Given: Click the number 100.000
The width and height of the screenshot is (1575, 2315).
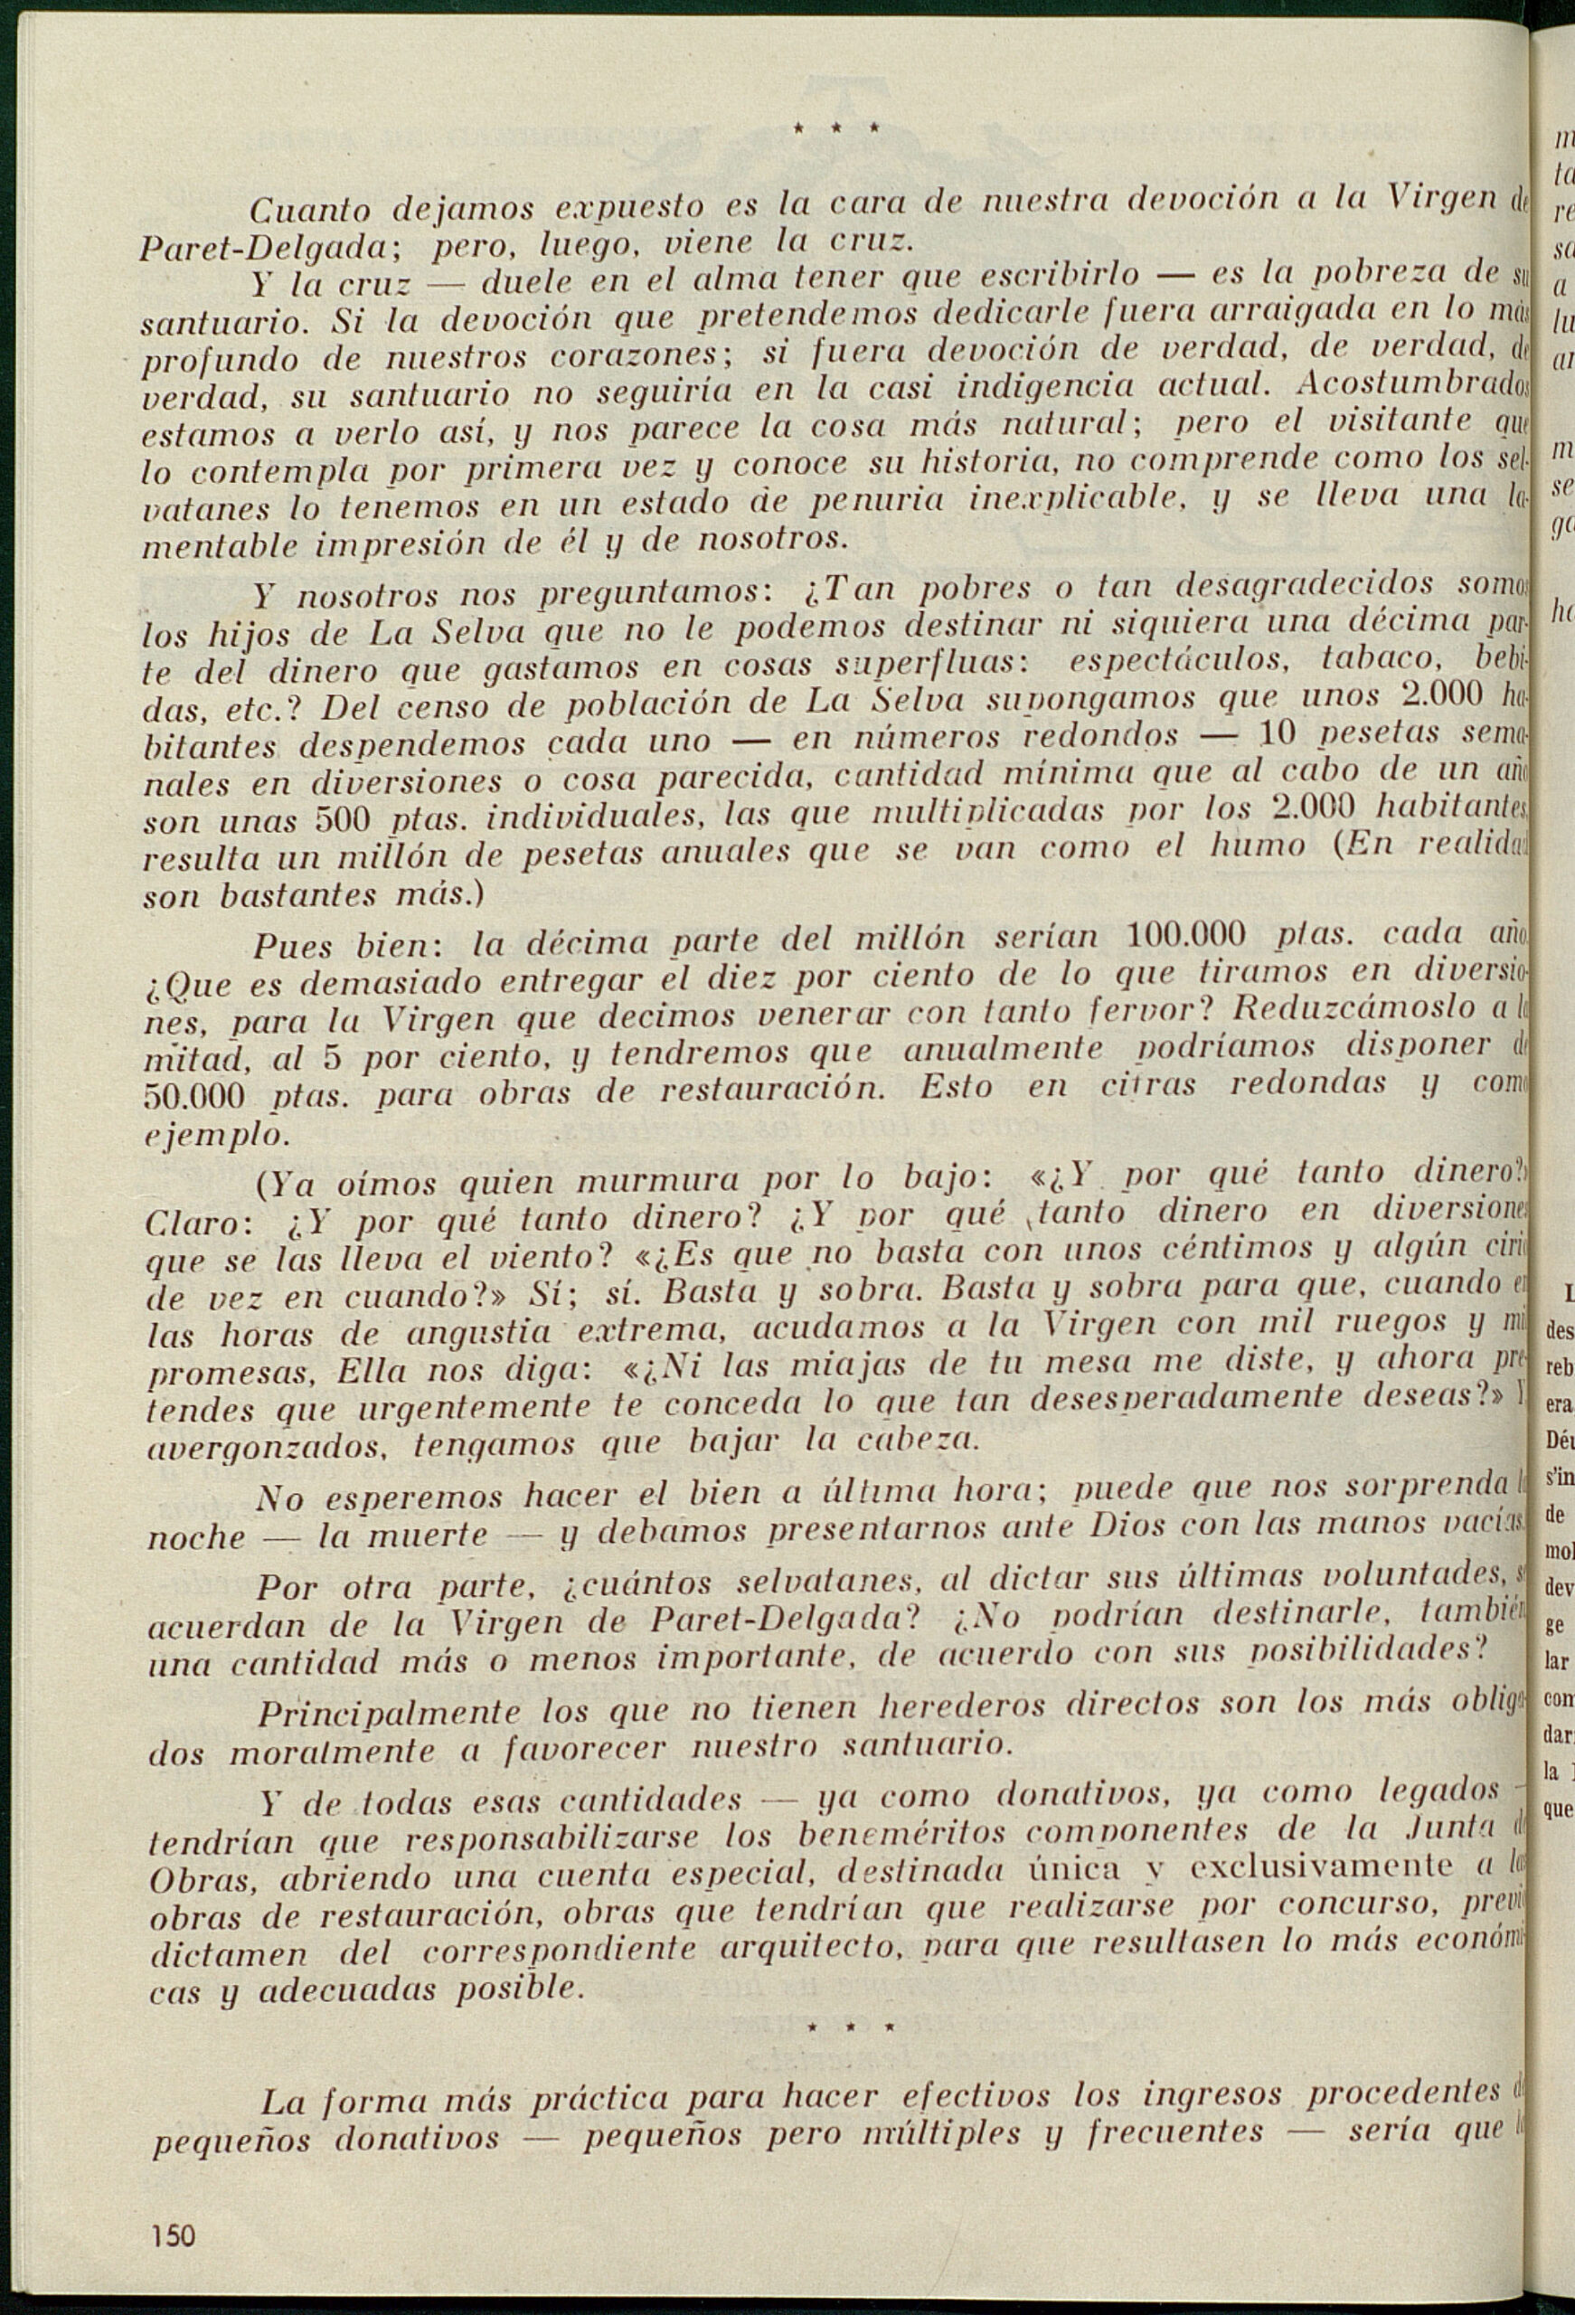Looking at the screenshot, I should tap(1184, 934).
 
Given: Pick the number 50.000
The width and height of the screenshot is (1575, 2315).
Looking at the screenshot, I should tap(195, 1097).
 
